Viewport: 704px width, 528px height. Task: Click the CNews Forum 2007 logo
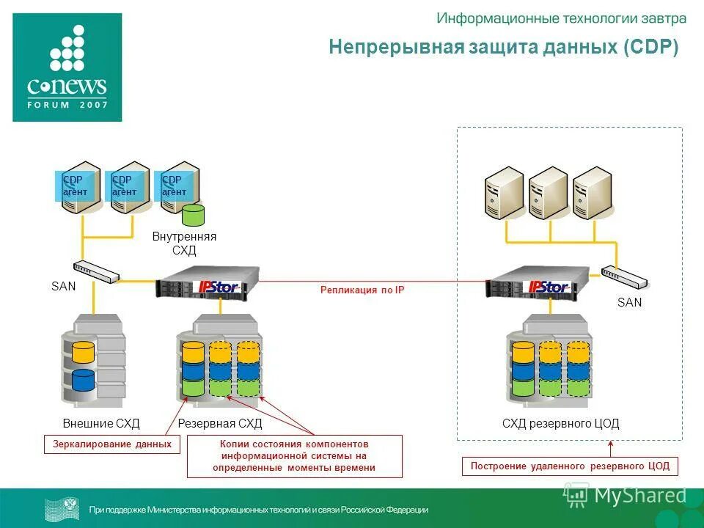click(67, 67)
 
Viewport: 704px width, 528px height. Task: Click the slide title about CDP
click(503, 48)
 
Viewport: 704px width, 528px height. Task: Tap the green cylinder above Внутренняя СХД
click(193, 215)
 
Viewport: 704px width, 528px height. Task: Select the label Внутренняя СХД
click(184, 243)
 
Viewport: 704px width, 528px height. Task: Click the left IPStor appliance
click(208, 282)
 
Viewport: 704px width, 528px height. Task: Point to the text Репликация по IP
click(362, 290)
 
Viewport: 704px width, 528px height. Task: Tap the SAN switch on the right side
click(624, 276)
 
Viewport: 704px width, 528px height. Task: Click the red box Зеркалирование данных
click(112, 444)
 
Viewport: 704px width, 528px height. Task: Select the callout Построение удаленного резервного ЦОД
click(570, 466)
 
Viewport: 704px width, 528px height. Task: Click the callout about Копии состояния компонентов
click(295, 456)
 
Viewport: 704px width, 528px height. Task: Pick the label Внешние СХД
click(101, 424)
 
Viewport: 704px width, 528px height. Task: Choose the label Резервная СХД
click(220, 424)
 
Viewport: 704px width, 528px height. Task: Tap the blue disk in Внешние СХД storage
click(84, 379)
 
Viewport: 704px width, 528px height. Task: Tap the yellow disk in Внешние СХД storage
click(84, 352)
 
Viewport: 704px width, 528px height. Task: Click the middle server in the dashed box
click(548, 192)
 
